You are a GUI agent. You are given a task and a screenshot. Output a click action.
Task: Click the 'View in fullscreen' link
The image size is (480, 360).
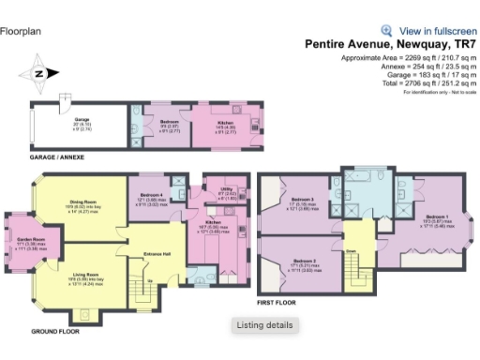437,30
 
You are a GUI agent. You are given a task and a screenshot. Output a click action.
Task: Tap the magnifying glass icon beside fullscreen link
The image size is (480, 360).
386,30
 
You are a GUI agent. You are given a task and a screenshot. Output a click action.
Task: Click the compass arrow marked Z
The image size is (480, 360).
38,72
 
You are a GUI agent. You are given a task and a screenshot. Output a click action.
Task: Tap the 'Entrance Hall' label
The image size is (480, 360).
157,253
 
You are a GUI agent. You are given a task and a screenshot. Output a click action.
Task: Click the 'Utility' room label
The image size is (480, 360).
226,189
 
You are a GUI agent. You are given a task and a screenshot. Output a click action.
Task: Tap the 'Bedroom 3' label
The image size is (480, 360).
302,199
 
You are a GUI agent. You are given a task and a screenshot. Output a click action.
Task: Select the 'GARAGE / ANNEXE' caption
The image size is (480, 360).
57,157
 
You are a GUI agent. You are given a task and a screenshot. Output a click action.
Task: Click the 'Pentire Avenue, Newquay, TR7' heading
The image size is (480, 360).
390,44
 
